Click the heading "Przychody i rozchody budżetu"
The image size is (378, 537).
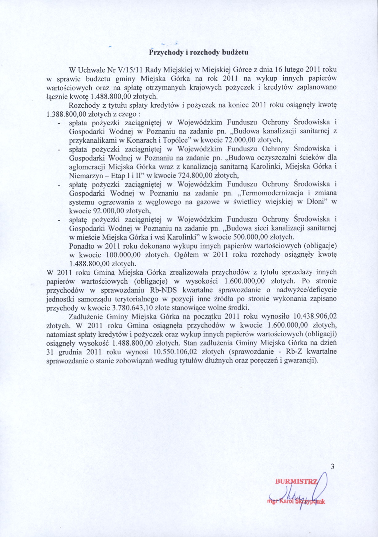(199, 52)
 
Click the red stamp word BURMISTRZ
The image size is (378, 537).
(296, 481)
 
